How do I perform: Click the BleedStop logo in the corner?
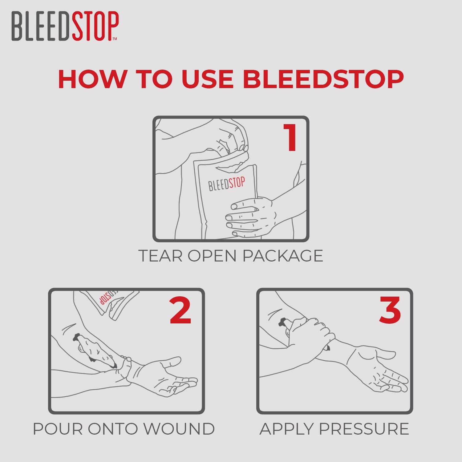[x=65, y=26]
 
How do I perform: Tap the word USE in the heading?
[x=207, y=79]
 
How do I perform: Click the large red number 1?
[x=290, y=138]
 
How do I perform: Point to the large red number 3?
[x=390, y=310]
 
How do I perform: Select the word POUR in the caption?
[x=58, y=429]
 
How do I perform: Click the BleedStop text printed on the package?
[x=227, y=184]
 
